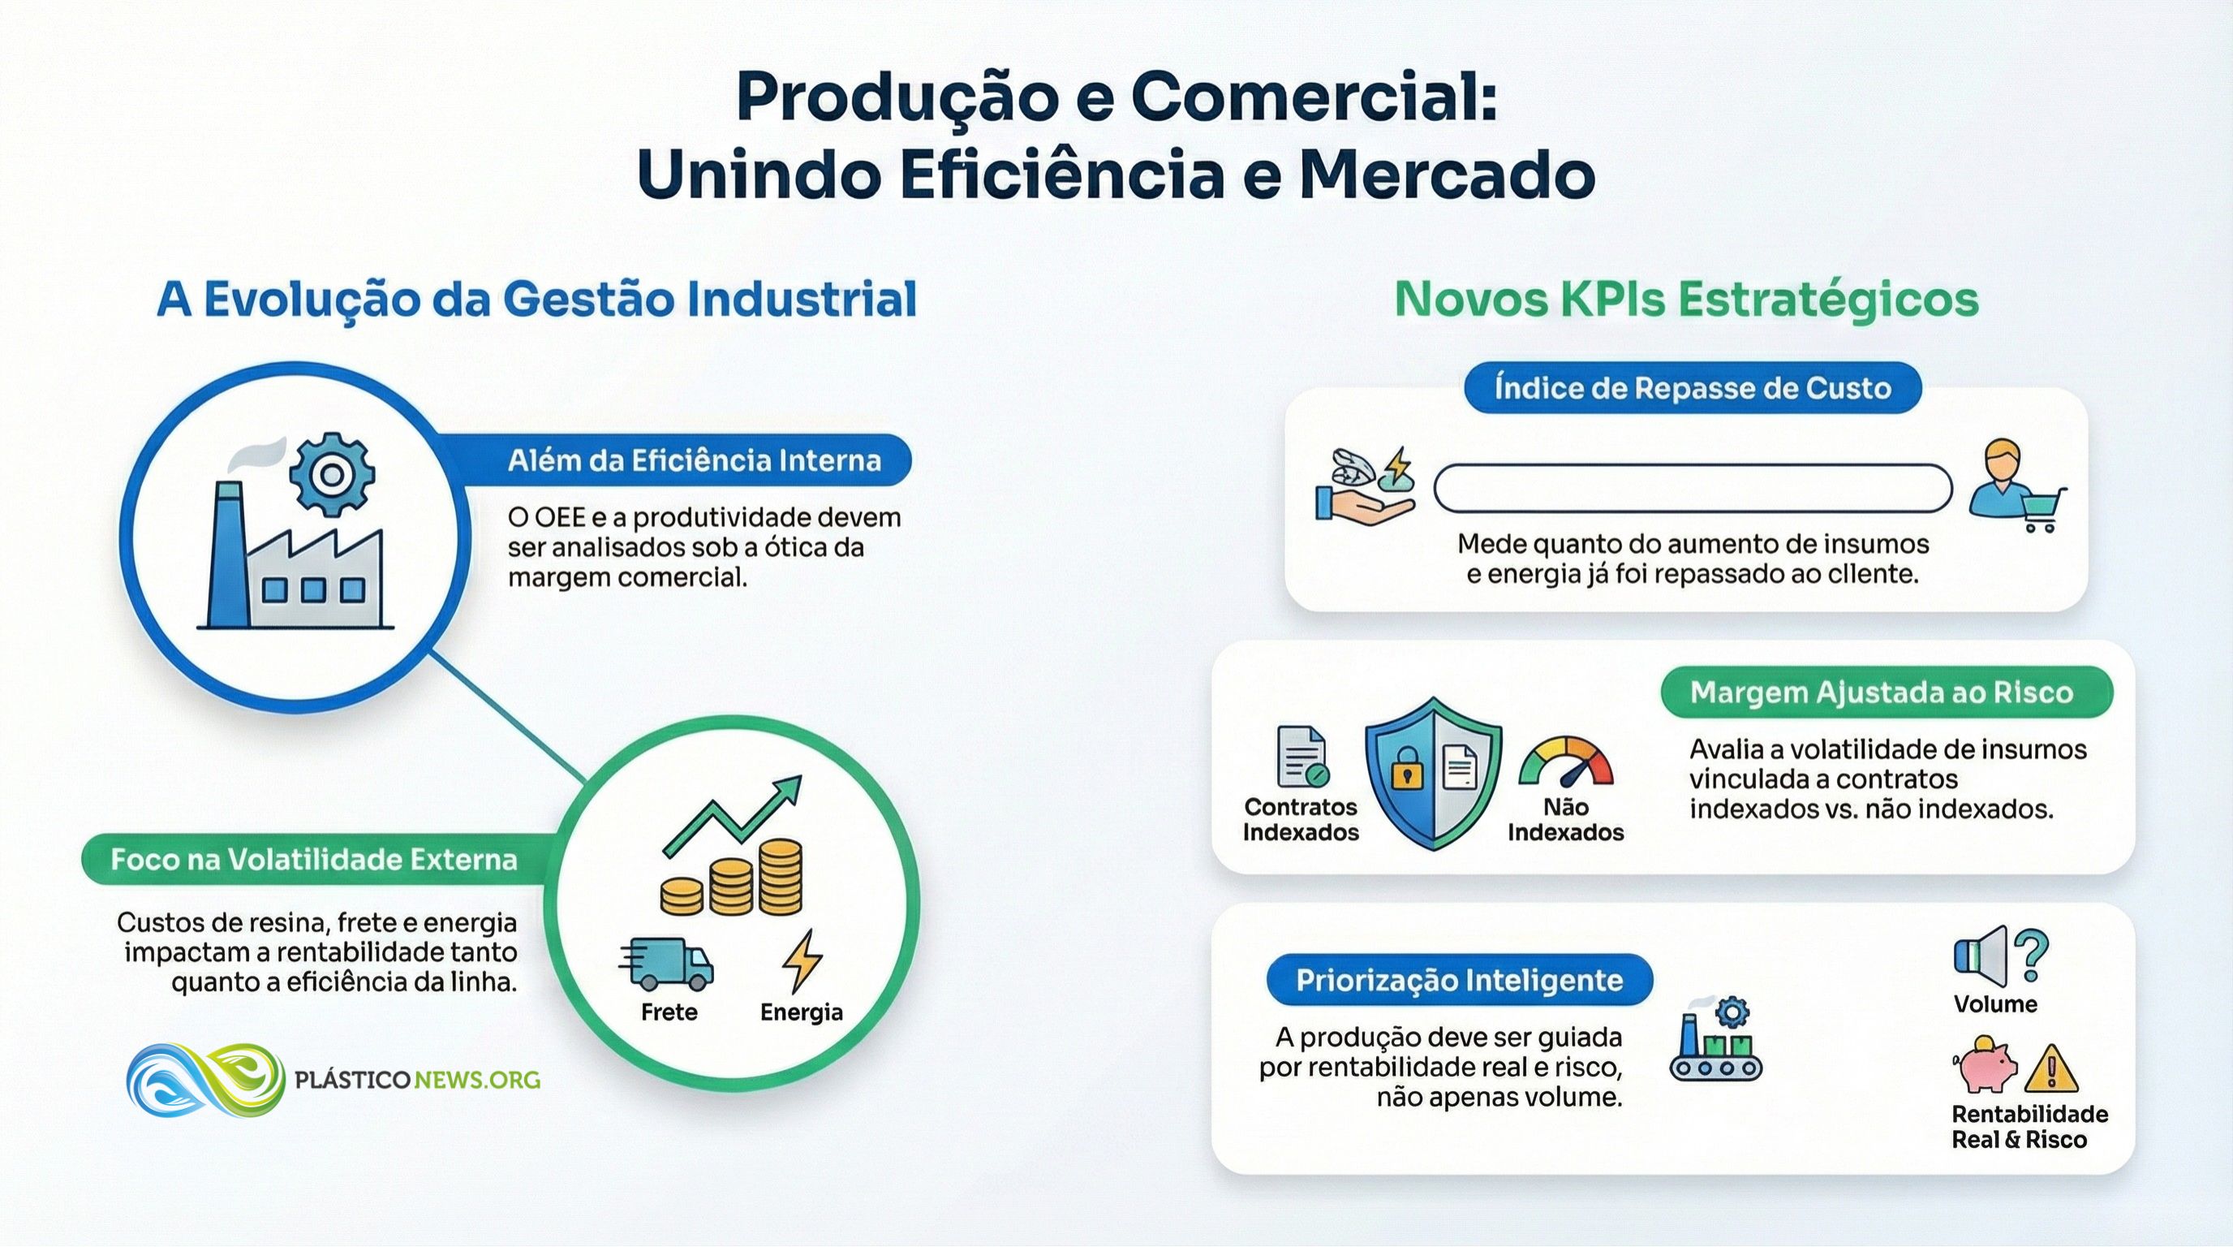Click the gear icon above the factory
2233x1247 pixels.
pyautogui.click(x=332, y=474)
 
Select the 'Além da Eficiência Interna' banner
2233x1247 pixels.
pyautogui.click(x=685, y=460)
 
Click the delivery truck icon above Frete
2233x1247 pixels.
pyautogui.click(x=665, y=964)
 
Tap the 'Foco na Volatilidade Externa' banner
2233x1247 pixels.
pyautogui.click(x=314, y=860)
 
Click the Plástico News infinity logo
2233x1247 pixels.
pyautogui.click(x=205, y=1080)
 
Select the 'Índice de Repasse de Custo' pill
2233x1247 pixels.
pyautogui.click(x=1692, y=387)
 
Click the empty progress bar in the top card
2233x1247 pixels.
pyautogui.click(x=1692, y=488)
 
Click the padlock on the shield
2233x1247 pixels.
pyautogui.click(x=1406, y=768)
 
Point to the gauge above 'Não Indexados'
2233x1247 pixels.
pyautogui.click(x=1565, y=761)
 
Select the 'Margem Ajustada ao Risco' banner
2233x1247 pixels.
pyautogui.click(x=1887, y=692)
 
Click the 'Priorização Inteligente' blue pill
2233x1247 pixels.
pyautogui.click(x=1459, y=980)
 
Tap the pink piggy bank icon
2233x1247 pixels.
pyautogui.click(x=1984, y=1064)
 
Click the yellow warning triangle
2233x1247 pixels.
pyautogui.click(x=2051, y=1070)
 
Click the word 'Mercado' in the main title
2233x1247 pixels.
pyautogui.click(x=1447, y=175)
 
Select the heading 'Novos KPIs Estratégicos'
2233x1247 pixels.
pyautogui.click(x=1687, y=300)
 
